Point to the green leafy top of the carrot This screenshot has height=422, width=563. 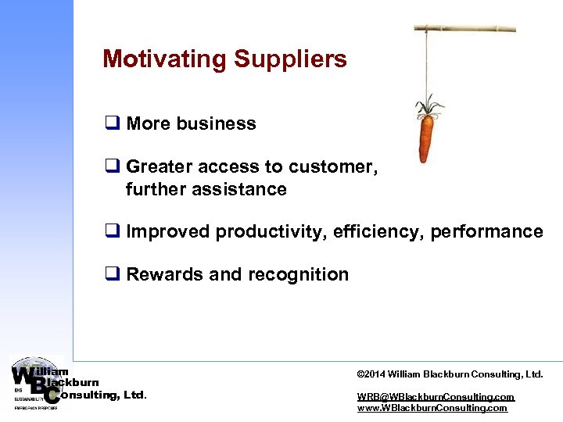(428, 105)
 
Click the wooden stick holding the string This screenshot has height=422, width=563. (464, 28)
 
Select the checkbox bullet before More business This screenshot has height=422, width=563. (110, 123)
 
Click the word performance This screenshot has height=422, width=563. (486, 231)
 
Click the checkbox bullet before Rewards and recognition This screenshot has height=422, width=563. (110, 274)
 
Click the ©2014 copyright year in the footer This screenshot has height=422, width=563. (371, 374)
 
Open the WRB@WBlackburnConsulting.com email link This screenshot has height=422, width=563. (436, 397)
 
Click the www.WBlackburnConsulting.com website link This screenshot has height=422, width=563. (432, 408)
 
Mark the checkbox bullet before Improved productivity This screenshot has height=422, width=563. (110, 231)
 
